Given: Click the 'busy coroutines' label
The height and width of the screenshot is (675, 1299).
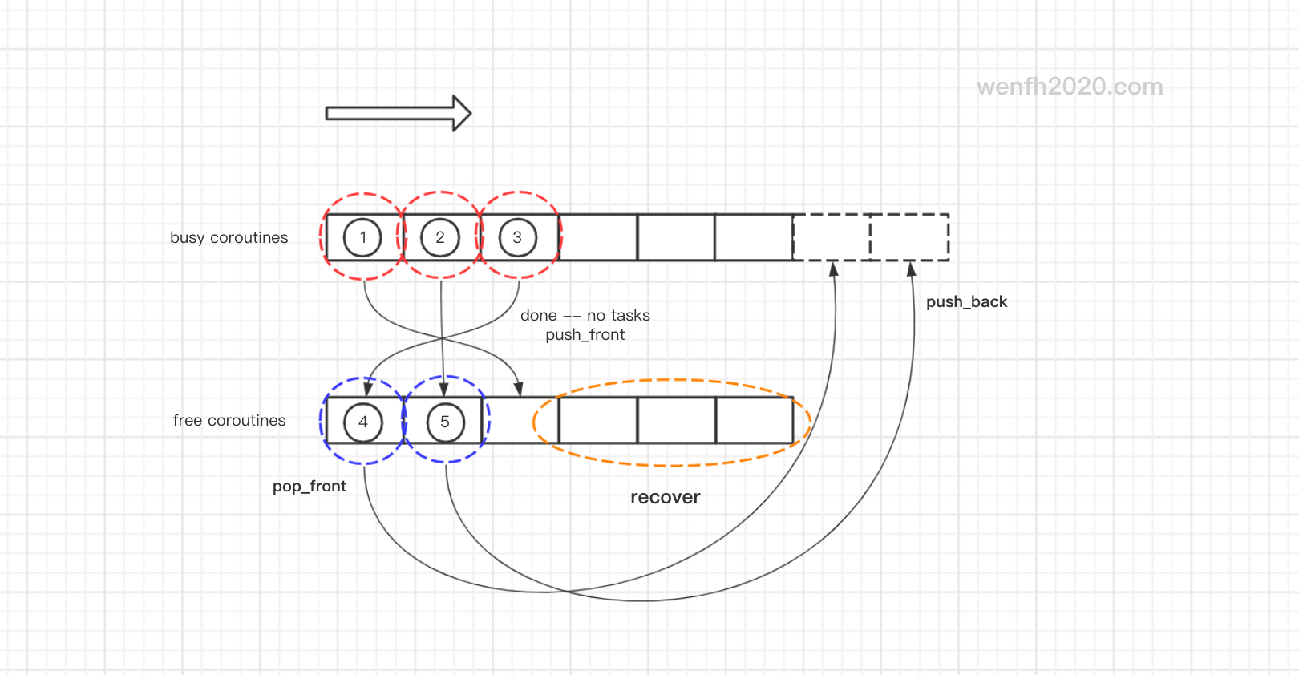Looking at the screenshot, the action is tap(229, 238).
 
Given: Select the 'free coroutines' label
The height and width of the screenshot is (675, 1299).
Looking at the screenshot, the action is tap(229, 420).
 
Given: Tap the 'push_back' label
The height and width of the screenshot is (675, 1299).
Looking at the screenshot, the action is tap(967, 302).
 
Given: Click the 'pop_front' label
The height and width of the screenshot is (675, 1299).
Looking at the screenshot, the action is tap(309, 486).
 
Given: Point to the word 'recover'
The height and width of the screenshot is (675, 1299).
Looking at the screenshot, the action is tap(666, 497).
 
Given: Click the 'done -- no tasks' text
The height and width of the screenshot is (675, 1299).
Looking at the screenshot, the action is tap(585, 316).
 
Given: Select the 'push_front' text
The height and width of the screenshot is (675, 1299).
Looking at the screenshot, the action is tap(585, 334).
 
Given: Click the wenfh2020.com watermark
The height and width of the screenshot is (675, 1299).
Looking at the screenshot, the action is tap(1070, 87).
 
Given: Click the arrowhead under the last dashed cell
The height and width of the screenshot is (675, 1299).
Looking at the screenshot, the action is tap(911, 269).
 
